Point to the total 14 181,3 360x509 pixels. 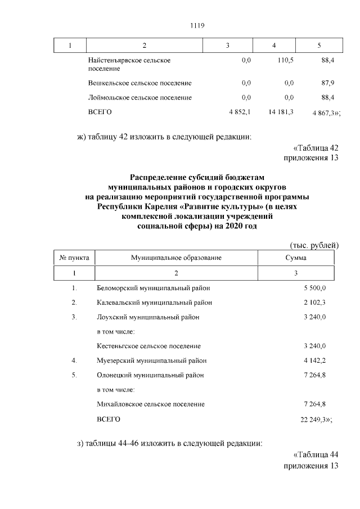(281, 112)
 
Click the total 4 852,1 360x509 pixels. (239, 112)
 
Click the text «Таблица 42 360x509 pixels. (316, 147)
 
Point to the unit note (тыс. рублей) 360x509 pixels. (314, 245)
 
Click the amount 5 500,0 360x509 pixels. (315, 288)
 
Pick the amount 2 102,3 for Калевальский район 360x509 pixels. (315, 303)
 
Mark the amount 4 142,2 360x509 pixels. (315, 361)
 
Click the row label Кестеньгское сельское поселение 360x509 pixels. (148, 346)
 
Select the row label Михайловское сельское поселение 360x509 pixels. (151, 404)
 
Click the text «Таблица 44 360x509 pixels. (316, 455)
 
